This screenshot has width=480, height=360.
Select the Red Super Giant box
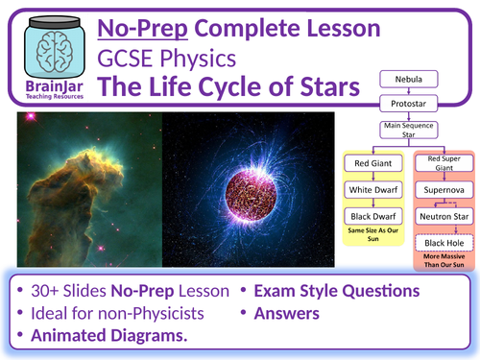point(444,162)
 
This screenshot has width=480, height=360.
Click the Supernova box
point(444,191)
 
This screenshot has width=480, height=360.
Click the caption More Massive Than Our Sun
point(444,264)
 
